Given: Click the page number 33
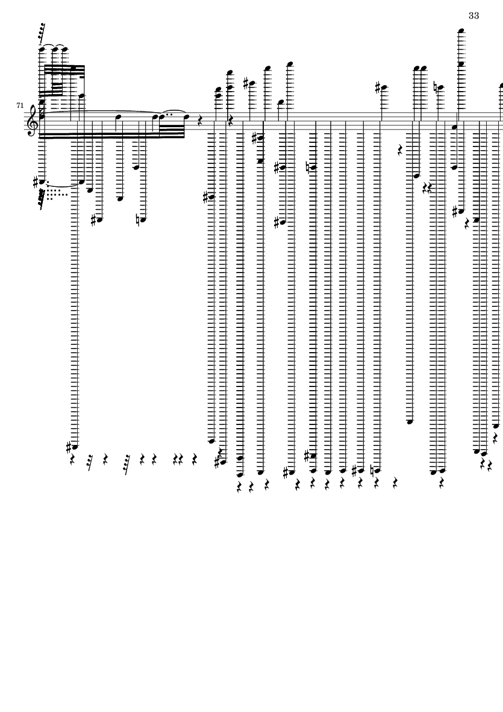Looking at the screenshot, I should tap(473, 16).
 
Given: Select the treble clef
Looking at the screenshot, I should tap(32, 120).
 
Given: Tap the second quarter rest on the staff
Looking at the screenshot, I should tap(230, 121).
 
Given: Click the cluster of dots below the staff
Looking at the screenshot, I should tap(56, 194).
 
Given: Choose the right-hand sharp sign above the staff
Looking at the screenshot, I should tap(379, 89).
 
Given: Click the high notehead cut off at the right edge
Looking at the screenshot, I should tap(501, 86).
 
